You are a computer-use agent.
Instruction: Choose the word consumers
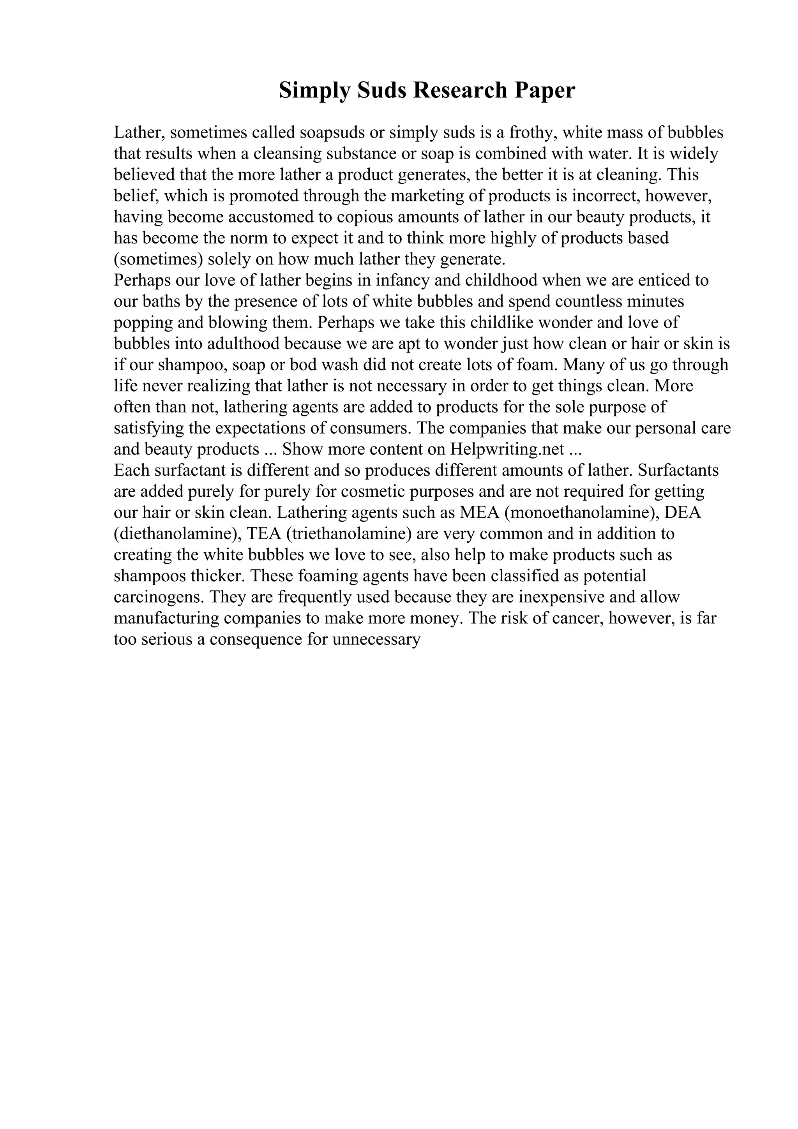[370, 428]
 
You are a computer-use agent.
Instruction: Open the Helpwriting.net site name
[507, 450]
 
